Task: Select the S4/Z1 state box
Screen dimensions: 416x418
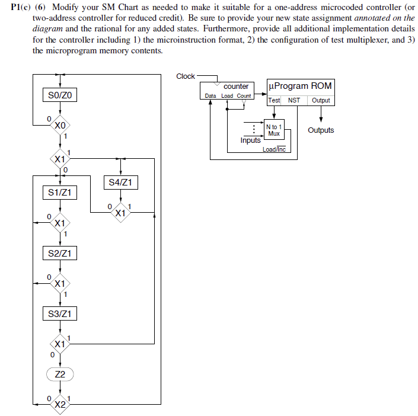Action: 120,183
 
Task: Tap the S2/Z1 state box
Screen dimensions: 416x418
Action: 60,254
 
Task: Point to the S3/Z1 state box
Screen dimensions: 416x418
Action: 60,313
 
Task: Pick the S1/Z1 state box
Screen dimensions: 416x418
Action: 60,193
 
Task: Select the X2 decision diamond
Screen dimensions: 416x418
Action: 60,404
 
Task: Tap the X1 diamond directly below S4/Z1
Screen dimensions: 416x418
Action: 120,212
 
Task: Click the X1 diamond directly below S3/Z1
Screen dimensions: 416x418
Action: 60,344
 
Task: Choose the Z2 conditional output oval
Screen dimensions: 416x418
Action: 60,374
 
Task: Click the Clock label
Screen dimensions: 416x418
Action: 186,76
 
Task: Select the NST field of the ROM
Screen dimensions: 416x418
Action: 294,100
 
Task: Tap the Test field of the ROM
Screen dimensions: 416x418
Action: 274,100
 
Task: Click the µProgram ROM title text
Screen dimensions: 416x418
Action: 301,87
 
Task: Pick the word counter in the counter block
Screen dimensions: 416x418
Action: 236,87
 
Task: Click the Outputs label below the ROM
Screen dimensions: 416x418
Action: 321,130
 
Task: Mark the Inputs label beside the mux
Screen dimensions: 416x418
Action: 250,140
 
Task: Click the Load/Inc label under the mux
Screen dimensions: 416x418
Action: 274,149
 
